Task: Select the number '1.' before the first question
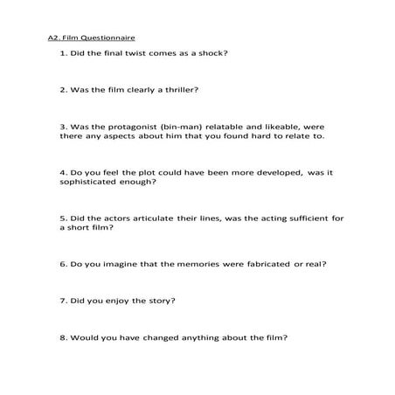(64, 53)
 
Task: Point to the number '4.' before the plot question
(64, 174)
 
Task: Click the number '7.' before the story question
(64, 301)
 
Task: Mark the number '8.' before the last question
(64, 337)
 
